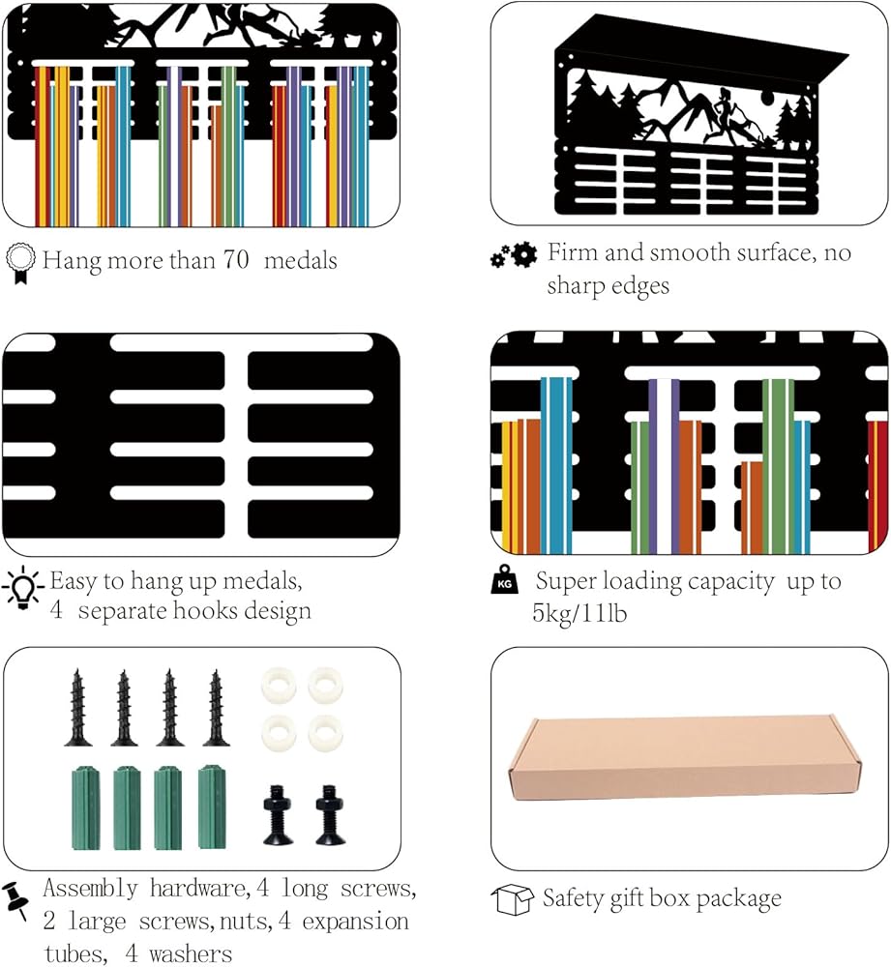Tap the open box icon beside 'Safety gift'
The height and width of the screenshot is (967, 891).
pyautogui.click(x=512, y=900)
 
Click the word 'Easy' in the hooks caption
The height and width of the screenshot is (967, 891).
pyautogui.click(x=74, y=581)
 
